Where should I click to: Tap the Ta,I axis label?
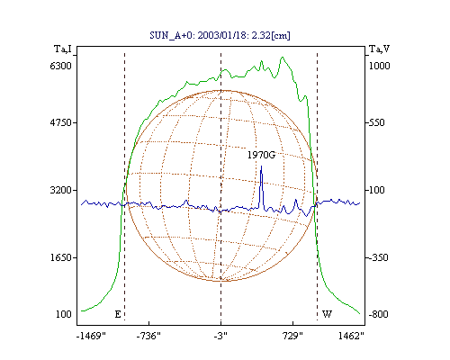point(63,49)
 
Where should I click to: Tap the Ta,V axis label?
point(379,49)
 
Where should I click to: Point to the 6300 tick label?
point(60,66)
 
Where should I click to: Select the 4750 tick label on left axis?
point(60,122)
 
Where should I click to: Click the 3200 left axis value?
point(60,190)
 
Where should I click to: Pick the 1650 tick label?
point(60,257)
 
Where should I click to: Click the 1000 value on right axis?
point(379,66)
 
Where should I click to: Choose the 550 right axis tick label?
point(377,122)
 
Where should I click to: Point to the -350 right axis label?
point(378,257)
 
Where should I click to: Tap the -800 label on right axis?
point(378,314)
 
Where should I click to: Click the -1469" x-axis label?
point(91,336)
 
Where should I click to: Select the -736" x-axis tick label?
point(148,336)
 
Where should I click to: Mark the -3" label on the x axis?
point(220,336)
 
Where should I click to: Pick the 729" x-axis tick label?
point(292,336)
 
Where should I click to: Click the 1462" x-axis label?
point(351,336)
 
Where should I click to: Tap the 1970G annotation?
point(261,155)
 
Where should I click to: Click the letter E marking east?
point(118,314)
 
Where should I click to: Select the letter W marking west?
point(327,314)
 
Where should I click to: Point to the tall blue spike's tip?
point(261,166)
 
